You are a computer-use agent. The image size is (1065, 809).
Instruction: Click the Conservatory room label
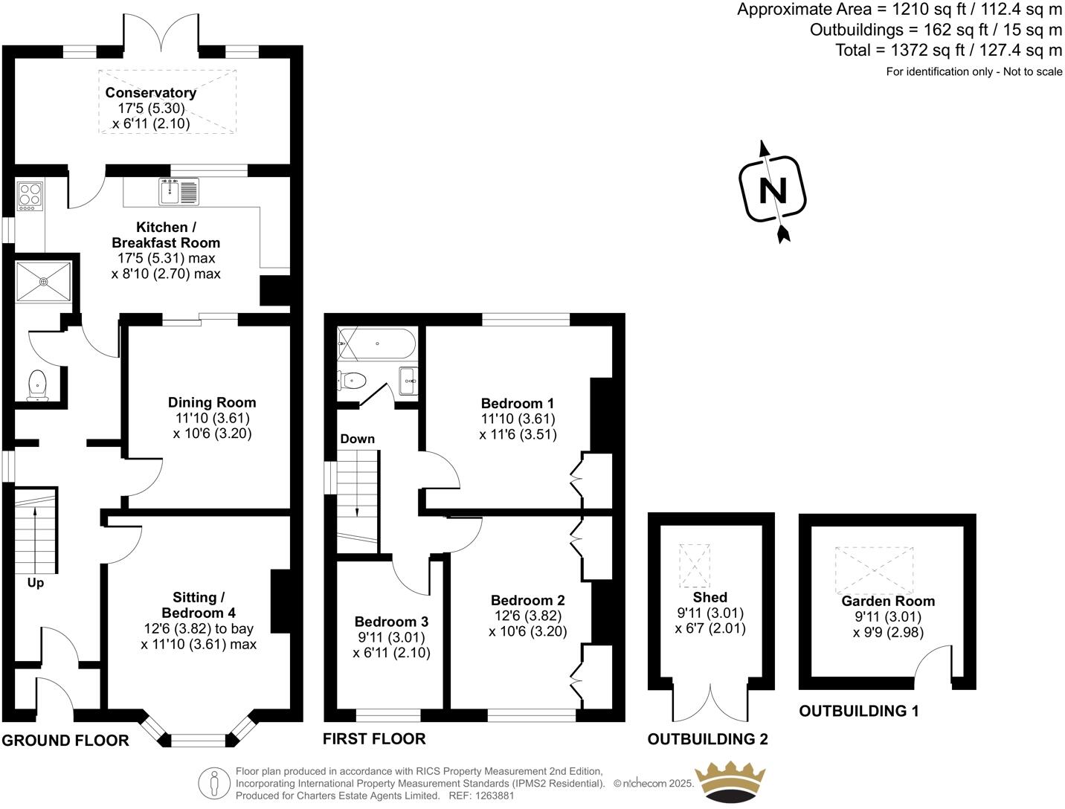pyautogui.click(x=150, y=93)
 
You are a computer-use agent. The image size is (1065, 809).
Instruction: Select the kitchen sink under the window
pyautogui.click(x=178, y=192)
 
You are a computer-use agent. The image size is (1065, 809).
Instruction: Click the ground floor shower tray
pyautogui.click(x=43, y=281)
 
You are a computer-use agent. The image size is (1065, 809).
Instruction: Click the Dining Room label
pyautogui.click(x=211, y=402)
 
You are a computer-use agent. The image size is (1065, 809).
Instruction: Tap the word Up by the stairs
pyautogui.click(x=36, y=583)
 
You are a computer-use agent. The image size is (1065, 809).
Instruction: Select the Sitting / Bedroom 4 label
pyautogui.click(x=199, y=605)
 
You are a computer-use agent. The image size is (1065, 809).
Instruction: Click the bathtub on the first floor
pyautogui.click(x=376, y=344)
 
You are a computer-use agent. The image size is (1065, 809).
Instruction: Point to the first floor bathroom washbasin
pyautogui.click(x=408, y=380)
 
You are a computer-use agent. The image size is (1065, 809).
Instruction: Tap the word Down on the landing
pyautogui.click(x=357, y=439)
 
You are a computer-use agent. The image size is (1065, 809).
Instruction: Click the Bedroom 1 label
pyautogui.click(x=518, y=404)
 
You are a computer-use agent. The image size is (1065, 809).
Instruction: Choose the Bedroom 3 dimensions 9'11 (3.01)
pyautogui.click(x=391, y=637)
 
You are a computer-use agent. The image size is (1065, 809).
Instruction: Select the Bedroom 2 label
pyautogui.click(x=527, y=600)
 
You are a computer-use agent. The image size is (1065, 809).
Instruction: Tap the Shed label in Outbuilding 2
pyautogui.click(x=710, y=597)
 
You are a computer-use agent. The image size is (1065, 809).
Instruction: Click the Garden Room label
pyautogui.click(x=888, y=601)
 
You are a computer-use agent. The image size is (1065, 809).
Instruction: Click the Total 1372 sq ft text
pyautogui.click(x=948, y=50)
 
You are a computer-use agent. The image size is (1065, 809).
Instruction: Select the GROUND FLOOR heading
pyautogui.click(x=65, y=740)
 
